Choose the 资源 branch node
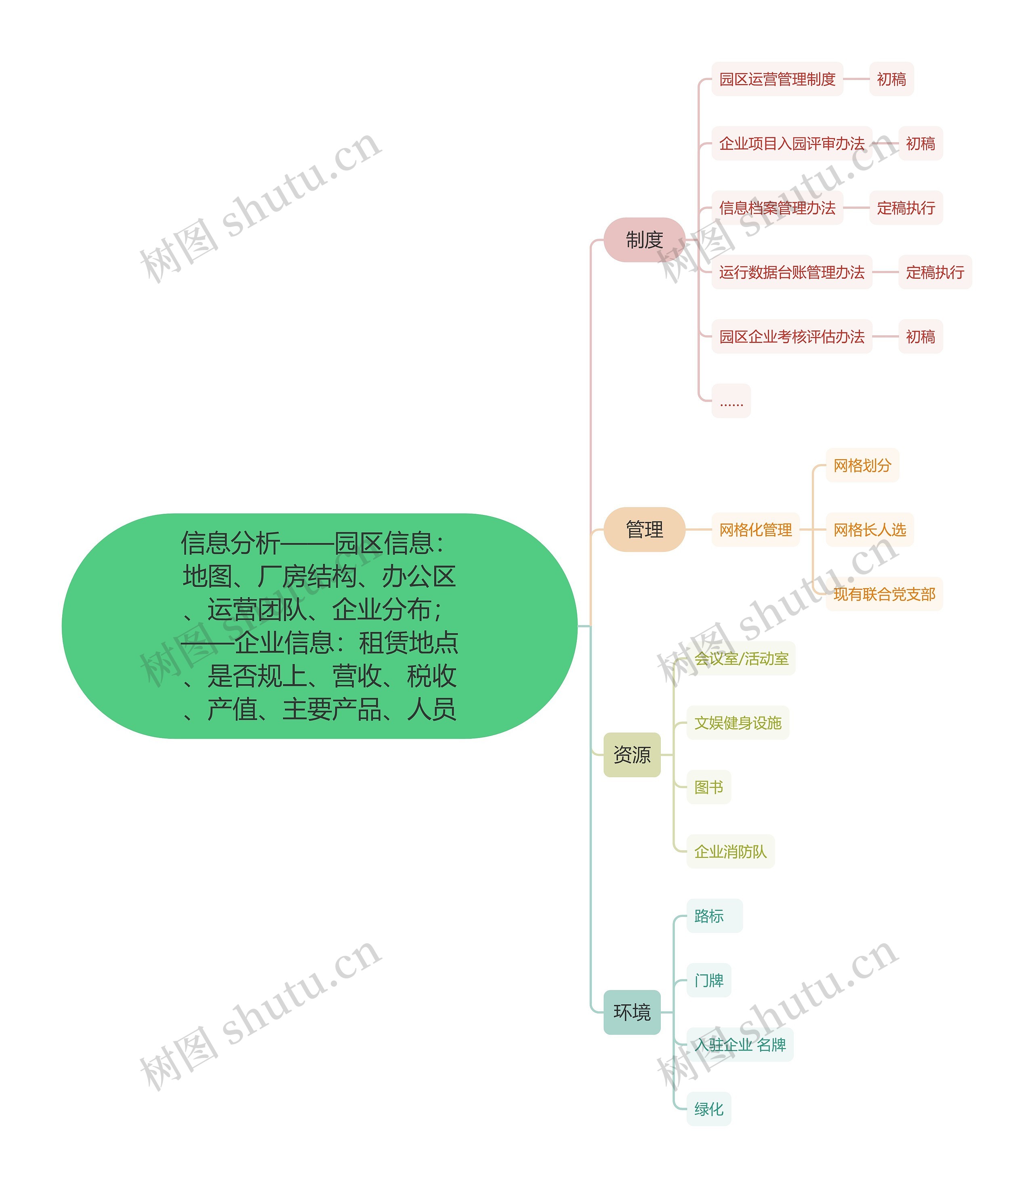click(632, 754)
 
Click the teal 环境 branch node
click(632, 1011)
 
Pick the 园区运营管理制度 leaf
click(777, 79)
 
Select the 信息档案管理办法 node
click(777, 208)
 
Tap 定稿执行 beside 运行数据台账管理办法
click(935, 272)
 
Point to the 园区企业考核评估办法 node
click(791, 336)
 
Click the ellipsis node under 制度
click(731, 401)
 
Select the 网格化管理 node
click(755, 529)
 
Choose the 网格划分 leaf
click(862, 465)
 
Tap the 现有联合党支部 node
click(884, 594)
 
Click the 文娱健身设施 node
click(738, 722)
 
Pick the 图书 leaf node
click(708, 787)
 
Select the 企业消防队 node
click(730, 851)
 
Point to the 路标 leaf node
click(708, 916)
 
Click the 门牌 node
click(708, 980)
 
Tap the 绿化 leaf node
click(708, 1108)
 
